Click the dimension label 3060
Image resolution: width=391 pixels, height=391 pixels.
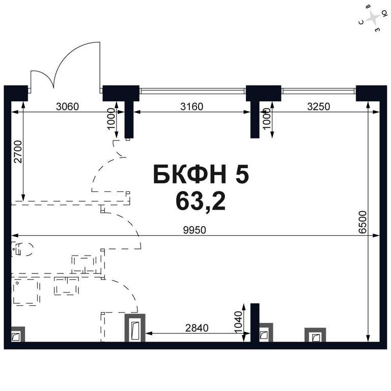pos(67,106)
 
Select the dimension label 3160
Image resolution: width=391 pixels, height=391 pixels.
pos(192,106)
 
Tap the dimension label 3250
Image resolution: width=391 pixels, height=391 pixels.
pos(318,106)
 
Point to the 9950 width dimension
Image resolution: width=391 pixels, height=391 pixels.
pos(194,230)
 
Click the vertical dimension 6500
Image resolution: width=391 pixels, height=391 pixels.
pos(363,222)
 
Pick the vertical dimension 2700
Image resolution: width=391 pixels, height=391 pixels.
pos(18,152)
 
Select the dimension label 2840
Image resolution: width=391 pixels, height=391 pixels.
pos(197,328)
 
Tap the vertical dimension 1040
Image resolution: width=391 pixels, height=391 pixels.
pos(238,322)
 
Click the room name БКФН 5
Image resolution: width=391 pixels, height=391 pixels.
pos(201,174)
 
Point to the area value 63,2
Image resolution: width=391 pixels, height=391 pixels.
pos(201,202)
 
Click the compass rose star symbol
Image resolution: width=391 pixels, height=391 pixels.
pos(373,18)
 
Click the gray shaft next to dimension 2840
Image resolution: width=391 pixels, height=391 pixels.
pos(135,328)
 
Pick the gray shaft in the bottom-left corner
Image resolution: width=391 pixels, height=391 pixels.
pos(18,334)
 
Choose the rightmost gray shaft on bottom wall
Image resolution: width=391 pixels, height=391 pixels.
pos(315,334)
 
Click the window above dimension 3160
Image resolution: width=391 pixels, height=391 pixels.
pos(192,91)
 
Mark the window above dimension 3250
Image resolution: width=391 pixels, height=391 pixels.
pos(318,91)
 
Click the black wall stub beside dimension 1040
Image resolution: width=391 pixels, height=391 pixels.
pos(255,323)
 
